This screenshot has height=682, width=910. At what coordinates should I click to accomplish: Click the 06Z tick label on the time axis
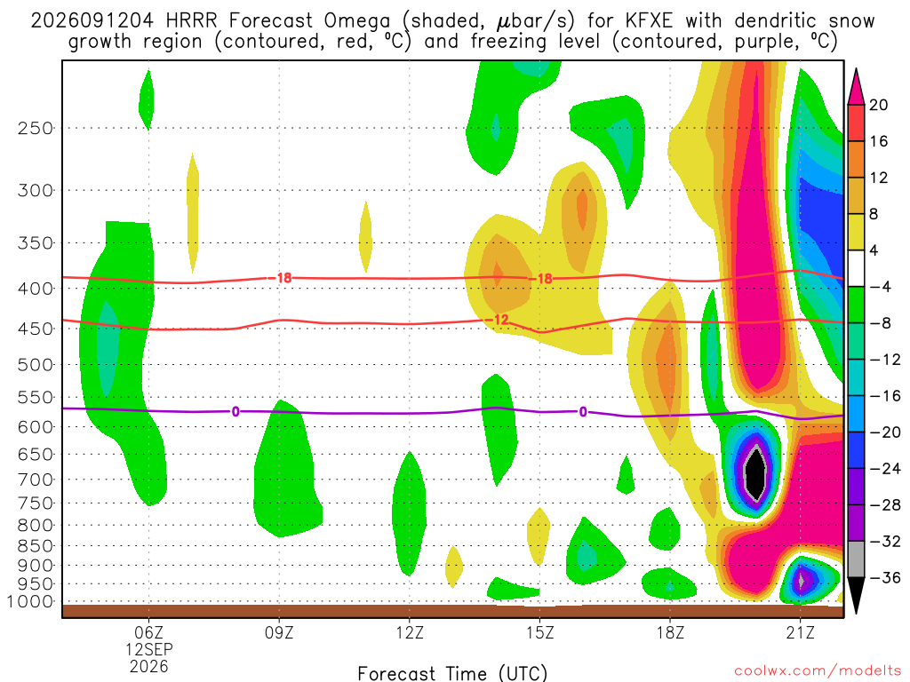click(x=148, y=632)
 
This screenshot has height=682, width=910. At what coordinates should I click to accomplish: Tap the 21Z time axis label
click(x=800, y=632)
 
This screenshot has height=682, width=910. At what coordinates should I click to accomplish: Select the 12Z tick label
click(x=409, y=632)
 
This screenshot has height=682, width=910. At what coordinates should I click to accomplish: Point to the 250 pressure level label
click(x=36, y=128)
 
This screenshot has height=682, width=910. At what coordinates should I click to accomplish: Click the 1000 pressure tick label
click(x=30, y=601)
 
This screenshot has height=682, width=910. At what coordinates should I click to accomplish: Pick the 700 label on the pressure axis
click(x=36, y=480)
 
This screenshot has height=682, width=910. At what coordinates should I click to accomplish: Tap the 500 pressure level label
click(x=36, y=365)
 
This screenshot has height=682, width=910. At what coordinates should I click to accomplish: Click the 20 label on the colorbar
click(x=878, y=105)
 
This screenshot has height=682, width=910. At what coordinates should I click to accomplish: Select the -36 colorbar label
click(x=885, y=577)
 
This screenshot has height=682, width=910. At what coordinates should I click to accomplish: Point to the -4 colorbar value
click(x=881, y=287)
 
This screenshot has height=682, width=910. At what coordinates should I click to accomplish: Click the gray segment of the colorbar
click(x=856, y=559)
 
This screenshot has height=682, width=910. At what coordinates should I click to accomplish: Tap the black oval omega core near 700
click(x=754, y=473)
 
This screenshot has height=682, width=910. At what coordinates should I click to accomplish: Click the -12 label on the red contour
click(x=497, y=320)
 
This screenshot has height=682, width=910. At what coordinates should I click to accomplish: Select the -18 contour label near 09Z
click(x=280, y=278)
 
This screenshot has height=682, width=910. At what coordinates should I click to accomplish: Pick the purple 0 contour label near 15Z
click(x=583, y=412)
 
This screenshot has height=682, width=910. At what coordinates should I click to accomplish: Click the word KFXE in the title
click(x=650, y=21)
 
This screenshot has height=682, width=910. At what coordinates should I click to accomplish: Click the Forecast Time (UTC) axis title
click(x=452, y=673)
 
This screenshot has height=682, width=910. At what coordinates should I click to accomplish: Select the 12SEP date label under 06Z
click(x=149, y=649)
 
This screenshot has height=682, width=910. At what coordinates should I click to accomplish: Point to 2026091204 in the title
click(x=92, y=21)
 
